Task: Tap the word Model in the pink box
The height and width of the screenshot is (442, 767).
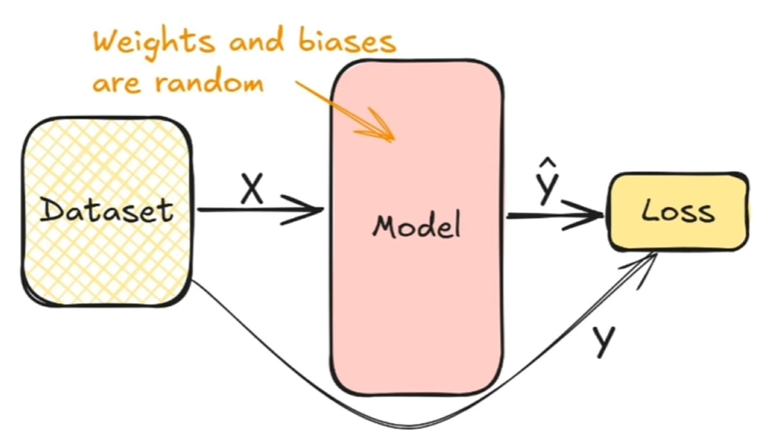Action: (x=417, y=225)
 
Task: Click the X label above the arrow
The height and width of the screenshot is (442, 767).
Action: (x=252, y=188)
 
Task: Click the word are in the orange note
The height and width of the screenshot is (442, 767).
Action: (x=117, y=85)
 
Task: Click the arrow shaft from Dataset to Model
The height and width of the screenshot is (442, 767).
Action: (x=250, y=211)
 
